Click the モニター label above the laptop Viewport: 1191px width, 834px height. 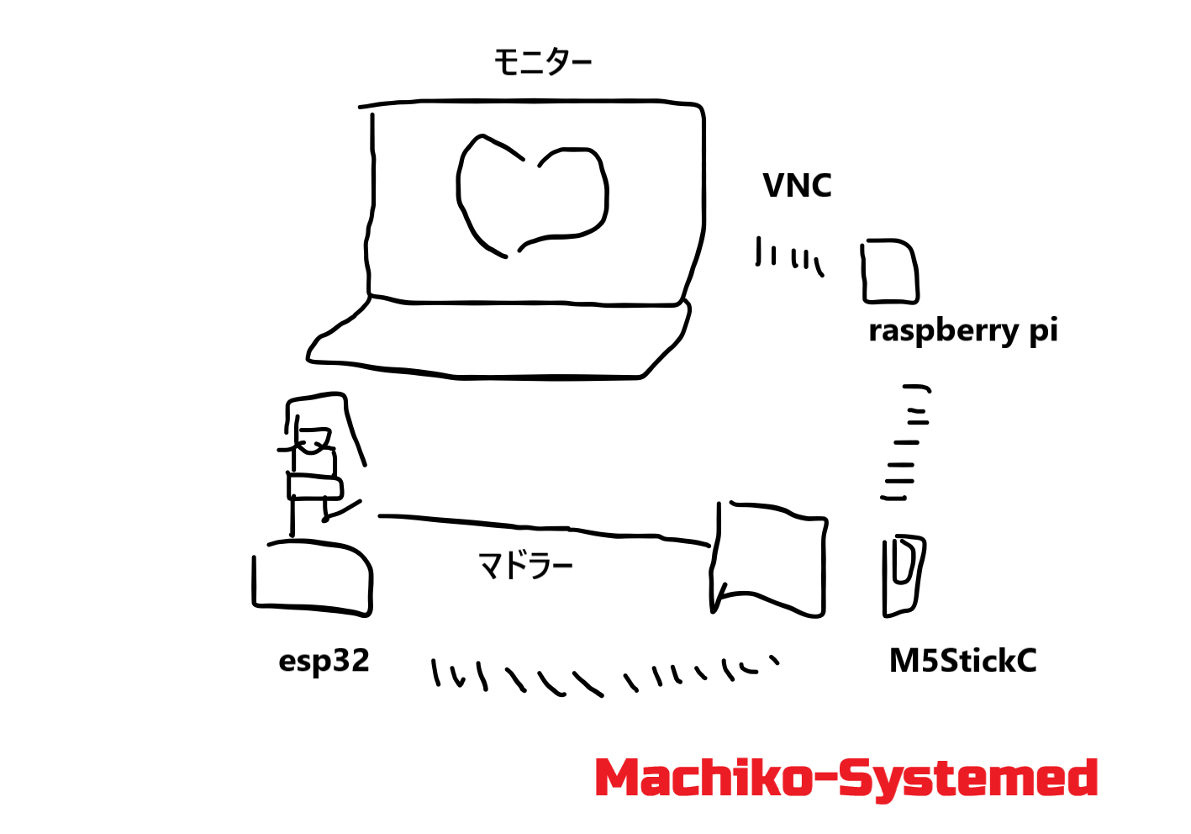tap(542, 62)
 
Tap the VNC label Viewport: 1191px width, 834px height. tap(797, 186)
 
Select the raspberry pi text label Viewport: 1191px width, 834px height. tap(962, 330)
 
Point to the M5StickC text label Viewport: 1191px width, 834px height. tap(962, 661)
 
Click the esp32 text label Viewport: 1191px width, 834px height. tap(324, 661)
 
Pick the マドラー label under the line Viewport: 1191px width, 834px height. tap(525, 566)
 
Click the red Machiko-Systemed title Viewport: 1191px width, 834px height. tap(846, 779)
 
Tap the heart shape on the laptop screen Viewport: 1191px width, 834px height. tap(531, 195)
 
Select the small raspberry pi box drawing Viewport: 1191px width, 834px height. tap(889, 272)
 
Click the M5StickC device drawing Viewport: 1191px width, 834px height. tap(902, 576)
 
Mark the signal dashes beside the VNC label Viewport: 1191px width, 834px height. tap(789, 256)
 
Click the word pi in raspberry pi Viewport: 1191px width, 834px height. tap(1043, 330)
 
